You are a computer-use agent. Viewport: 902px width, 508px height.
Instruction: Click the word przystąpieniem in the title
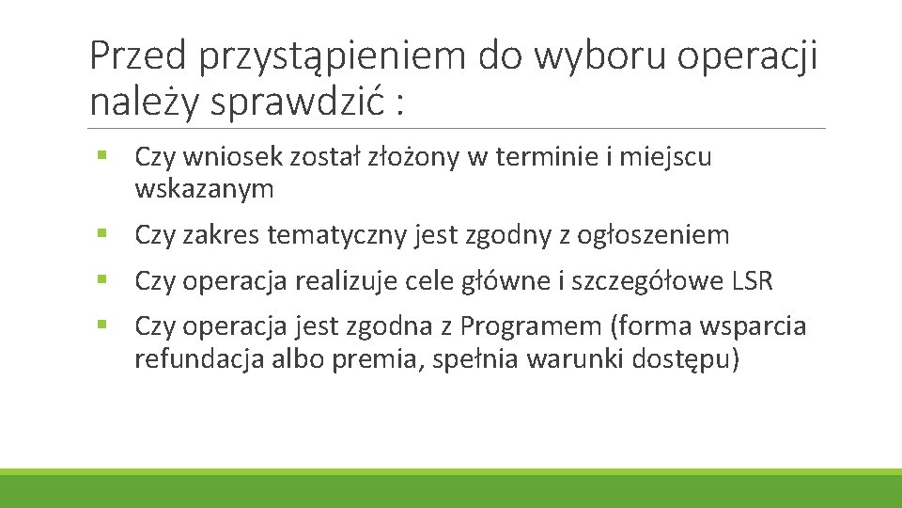334,57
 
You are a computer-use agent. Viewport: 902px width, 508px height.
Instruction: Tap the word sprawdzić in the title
299,102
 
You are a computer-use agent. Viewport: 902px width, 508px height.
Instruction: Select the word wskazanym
204,190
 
